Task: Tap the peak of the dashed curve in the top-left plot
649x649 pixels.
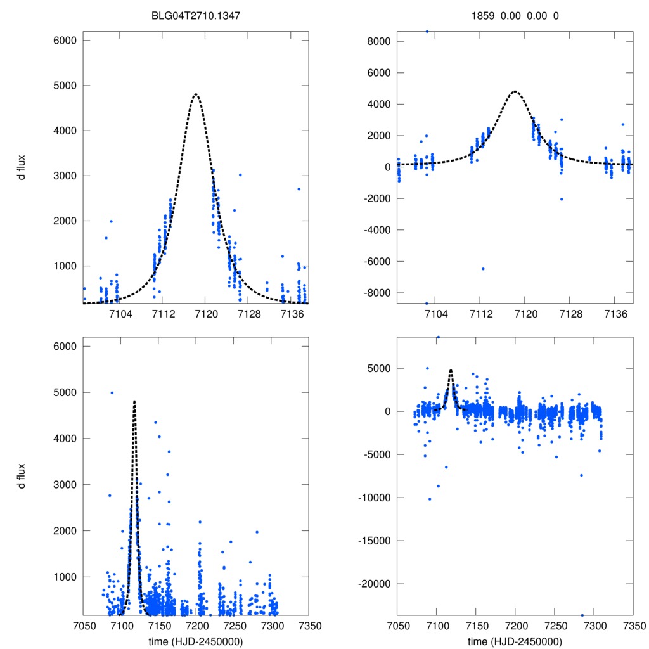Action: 195,94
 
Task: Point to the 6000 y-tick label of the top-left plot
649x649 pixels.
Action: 64,41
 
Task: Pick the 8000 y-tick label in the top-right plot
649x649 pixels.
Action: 379,41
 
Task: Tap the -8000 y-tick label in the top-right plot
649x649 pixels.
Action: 377,292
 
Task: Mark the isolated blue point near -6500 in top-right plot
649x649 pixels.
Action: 483,269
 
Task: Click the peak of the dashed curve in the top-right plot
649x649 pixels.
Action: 515,91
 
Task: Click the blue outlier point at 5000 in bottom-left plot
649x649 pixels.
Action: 112,392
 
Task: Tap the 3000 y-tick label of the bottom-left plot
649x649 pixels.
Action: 64,484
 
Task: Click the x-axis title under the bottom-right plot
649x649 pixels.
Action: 515,641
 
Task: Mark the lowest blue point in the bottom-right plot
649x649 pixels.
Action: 582,615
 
